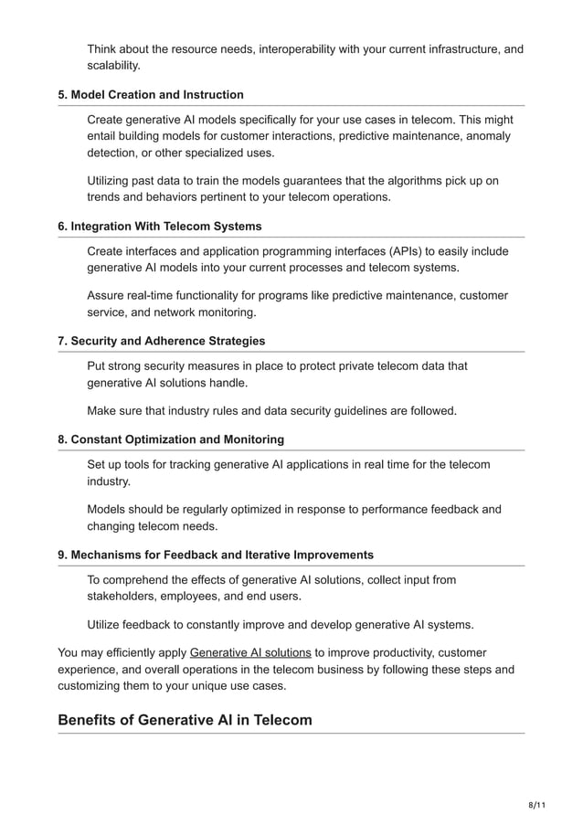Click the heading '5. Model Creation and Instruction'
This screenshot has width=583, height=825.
pyautogui.click(x=151, y=95)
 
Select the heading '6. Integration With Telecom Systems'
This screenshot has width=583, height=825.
pyautogui.click(x=160, y=226)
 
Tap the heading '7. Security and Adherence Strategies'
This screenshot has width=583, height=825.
pyautogui.click(x=162, y=341)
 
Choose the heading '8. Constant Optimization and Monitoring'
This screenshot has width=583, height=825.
pyautogui.click(x=171, y=439)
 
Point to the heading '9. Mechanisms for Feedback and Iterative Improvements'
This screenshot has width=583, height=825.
pyautogui.click(x=216, y=555)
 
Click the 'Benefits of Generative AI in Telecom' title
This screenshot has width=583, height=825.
pyautogui.click(x=185, y=720)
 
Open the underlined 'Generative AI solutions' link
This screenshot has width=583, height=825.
pyautogui.click(x=250, y=652)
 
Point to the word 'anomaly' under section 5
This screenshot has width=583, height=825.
pyautogui.click(x=489, y=137)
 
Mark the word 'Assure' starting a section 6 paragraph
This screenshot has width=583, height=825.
pyautogui.click(x=107, y=295)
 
